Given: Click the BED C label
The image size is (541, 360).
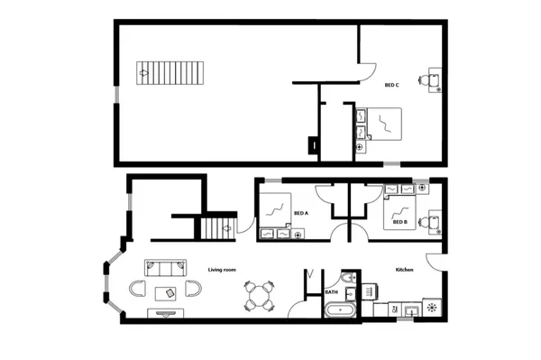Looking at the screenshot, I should pos(392,85).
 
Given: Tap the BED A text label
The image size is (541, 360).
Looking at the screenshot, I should pos(301,214).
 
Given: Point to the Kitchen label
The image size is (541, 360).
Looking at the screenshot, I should pos(403,270).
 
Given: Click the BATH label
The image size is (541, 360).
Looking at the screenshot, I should pos(332,292).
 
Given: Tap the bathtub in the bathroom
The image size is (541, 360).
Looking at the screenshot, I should pos(339,309).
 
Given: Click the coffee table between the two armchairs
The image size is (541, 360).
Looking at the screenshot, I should pos(167,291).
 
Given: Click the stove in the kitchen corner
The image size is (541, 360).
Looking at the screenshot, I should pos(432,309).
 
